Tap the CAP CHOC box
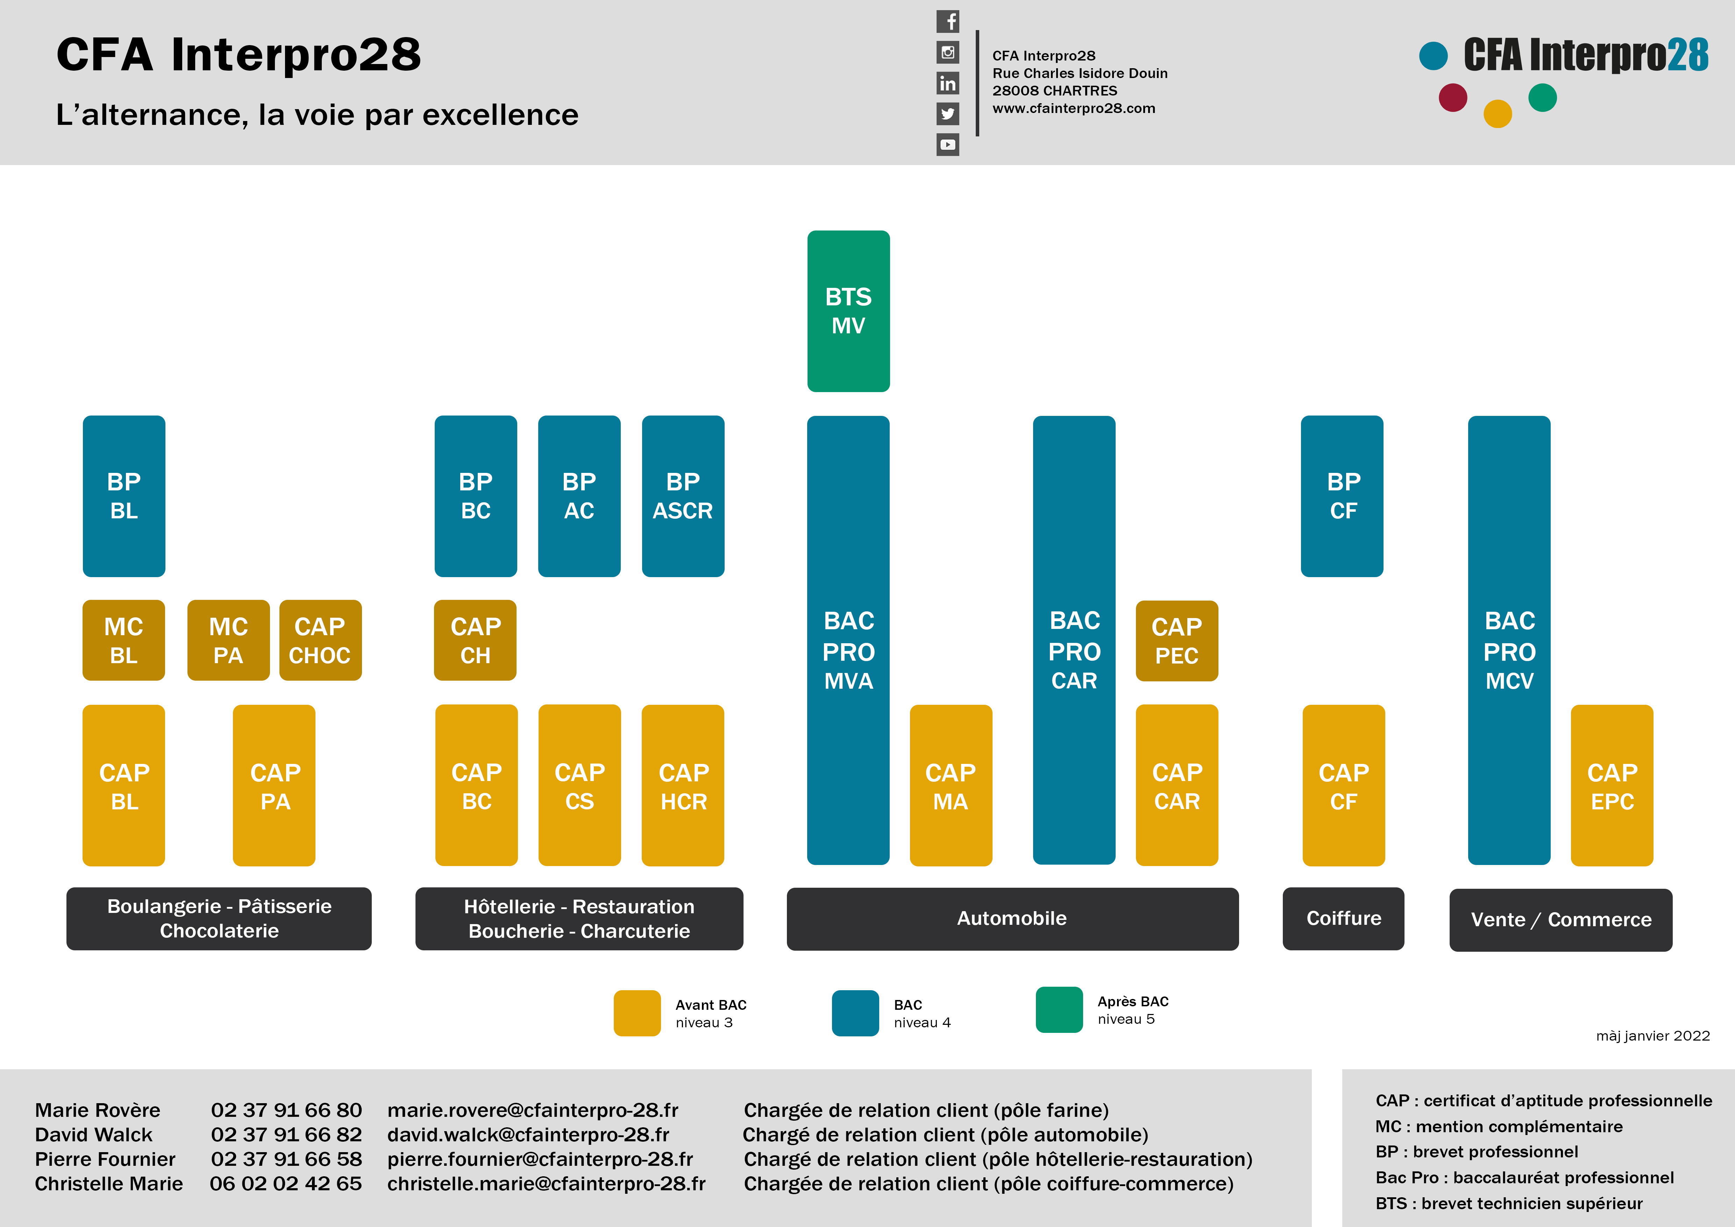(x=320, y=640)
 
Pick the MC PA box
(x=228, y=640)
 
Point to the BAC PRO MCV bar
(x=1509, y=640)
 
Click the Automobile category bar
(x=1012, y=919)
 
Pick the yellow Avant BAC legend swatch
(x=637, y=1013)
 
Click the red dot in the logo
(x=1452, y=98)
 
